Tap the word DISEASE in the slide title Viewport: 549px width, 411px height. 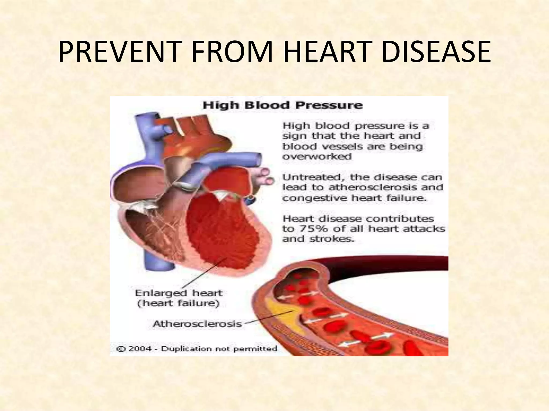pyautogui.click(x=436, y=52)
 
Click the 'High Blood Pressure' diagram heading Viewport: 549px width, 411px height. pyautogui.click(x=283, y=105)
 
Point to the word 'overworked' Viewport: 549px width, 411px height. pyautogui.click(x=317, y=157)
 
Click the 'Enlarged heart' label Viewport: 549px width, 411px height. pyautogui.click(x=179, y=293)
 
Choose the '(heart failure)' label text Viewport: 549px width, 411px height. pyautogui.click(x=178, y=303)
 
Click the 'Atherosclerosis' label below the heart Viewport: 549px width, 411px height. pyautogui.click(x=197, y=324)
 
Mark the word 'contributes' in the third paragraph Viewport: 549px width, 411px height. pyautogui.click(x=400, y=219)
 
